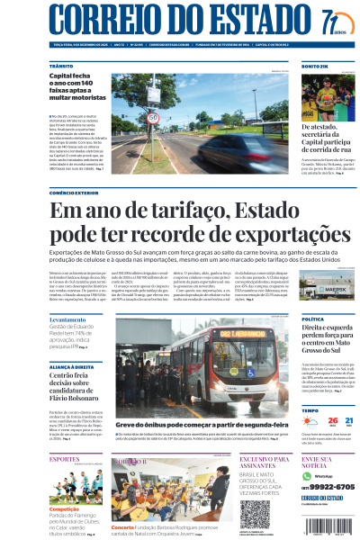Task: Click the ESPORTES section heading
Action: tap(64, 458)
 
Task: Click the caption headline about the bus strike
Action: tap(172, 424)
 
